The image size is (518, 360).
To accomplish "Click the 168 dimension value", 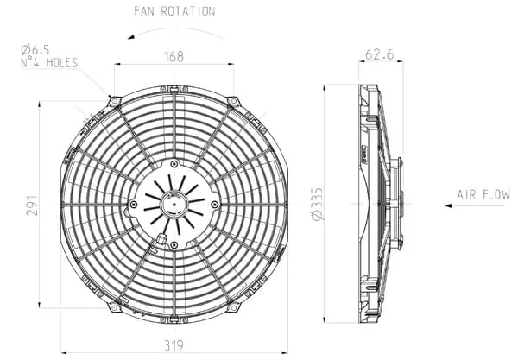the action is tap(174, 56).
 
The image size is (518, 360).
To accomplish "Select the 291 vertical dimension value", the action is tap(32, 205).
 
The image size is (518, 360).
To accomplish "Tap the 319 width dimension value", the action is tap(174, 345).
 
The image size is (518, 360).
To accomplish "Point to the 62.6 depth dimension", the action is tap(380, 54).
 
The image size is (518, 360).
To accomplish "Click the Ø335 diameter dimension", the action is tap(317, 204).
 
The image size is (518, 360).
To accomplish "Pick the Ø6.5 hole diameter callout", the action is tap(35, 50).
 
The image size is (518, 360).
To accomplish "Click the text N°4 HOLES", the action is tap(49, 62).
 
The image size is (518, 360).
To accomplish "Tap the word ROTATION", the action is tap(188, 11).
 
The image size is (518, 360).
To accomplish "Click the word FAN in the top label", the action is tap(144, 11).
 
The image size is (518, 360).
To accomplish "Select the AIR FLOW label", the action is tap(483, 194).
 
